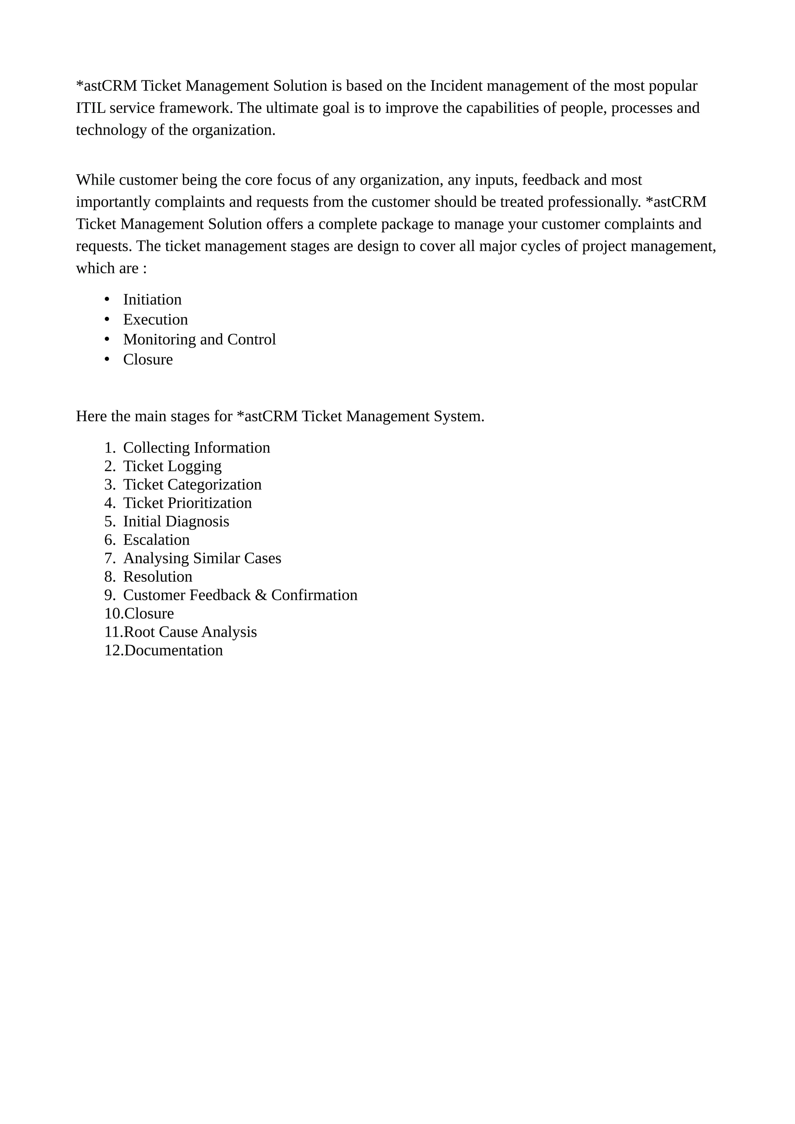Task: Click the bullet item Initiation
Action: click(x=152, y=299)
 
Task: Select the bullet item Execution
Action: click(x=155, y=320)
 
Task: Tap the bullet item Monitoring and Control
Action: click(x=200, y=340)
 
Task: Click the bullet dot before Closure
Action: click(x=107, y=359)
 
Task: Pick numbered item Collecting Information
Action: click(x=196, y=448)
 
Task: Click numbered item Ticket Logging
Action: click(x=172, y=467)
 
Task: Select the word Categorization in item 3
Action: click(x=215, y=485)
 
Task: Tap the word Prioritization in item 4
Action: click(x=210, y=503)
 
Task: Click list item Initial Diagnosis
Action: click(x=176, y=522)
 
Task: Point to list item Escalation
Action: click(x=156, y=540)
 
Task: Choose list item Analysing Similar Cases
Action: click(x=202, y=559)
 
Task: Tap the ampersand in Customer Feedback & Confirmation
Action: click(x=261, y=595)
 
